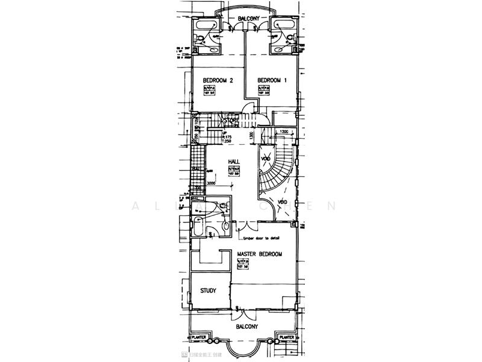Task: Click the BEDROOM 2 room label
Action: pos(218,80)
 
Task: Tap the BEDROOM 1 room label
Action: pos(272,80)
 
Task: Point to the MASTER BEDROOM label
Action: pos(260,255)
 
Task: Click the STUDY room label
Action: pos(208,291)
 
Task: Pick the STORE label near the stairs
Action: pos(231,121)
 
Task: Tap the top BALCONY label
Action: pos(248,19)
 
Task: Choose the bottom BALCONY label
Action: pos(247,326)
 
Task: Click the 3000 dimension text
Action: pos(211,183)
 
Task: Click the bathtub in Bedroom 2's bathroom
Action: pos(206,25)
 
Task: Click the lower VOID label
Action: pos(281,202)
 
